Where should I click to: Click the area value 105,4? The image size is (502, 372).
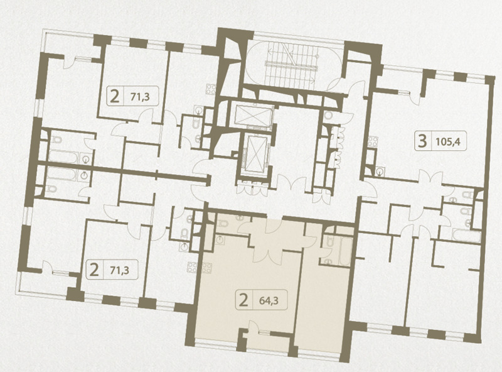tap(448, 141)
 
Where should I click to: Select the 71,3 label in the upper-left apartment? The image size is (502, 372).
tap(140, 96)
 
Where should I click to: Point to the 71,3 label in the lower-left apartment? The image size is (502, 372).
tap(119, 271)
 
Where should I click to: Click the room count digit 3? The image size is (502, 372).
tap(422, 141)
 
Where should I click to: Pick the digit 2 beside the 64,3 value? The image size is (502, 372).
tap(243, 301)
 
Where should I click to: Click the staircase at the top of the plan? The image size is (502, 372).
tap(292, 64)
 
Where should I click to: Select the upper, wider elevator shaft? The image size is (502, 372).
tap(254, 115)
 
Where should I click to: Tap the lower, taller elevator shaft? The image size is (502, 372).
tap(255, 153)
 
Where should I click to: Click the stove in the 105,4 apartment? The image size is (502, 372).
tap(373, 142)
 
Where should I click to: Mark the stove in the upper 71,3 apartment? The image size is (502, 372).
tap(211, 89)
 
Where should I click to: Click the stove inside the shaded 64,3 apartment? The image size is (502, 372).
tap(207, 268)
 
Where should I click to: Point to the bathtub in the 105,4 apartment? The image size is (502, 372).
tap(466, 236)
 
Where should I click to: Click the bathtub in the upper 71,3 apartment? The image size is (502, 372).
tap(63, 157)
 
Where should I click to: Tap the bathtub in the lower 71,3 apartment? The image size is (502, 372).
tap(61, 174)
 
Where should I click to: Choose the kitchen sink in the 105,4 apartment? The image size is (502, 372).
tap(380, 172)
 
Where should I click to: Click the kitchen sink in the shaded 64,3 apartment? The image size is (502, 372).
tap(220, 239)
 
